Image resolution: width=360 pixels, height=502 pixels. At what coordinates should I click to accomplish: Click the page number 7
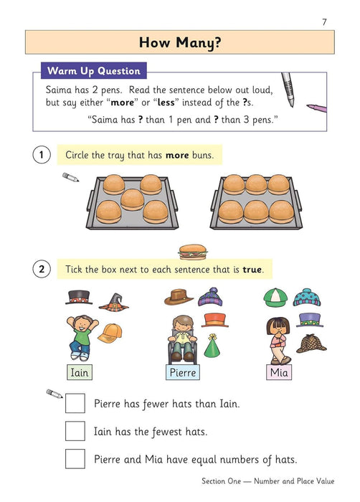coord(324,22)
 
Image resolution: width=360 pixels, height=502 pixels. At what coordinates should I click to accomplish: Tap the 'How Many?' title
coord(179,42)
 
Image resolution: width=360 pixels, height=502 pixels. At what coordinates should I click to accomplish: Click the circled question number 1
coord(42,155)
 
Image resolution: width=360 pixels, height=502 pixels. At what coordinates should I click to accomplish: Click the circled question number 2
coord(42,270)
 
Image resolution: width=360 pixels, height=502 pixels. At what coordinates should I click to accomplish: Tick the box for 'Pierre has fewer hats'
coord(75,404)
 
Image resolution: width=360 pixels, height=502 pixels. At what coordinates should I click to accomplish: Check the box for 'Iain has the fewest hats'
coord(75,431)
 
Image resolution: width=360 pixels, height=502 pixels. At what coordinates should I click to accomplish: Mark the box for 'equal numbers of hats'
coord(75,458)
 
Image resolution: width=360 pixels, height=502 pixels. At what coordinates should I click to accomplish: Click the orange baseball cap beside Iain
coord(110,333)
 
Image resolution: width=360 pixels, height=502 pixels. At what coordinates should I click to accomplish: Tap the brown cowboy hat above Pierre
coord(179,296)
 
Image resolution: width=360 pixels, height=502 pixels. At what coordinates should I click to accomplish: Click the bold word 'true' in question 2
coord(252,270)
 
